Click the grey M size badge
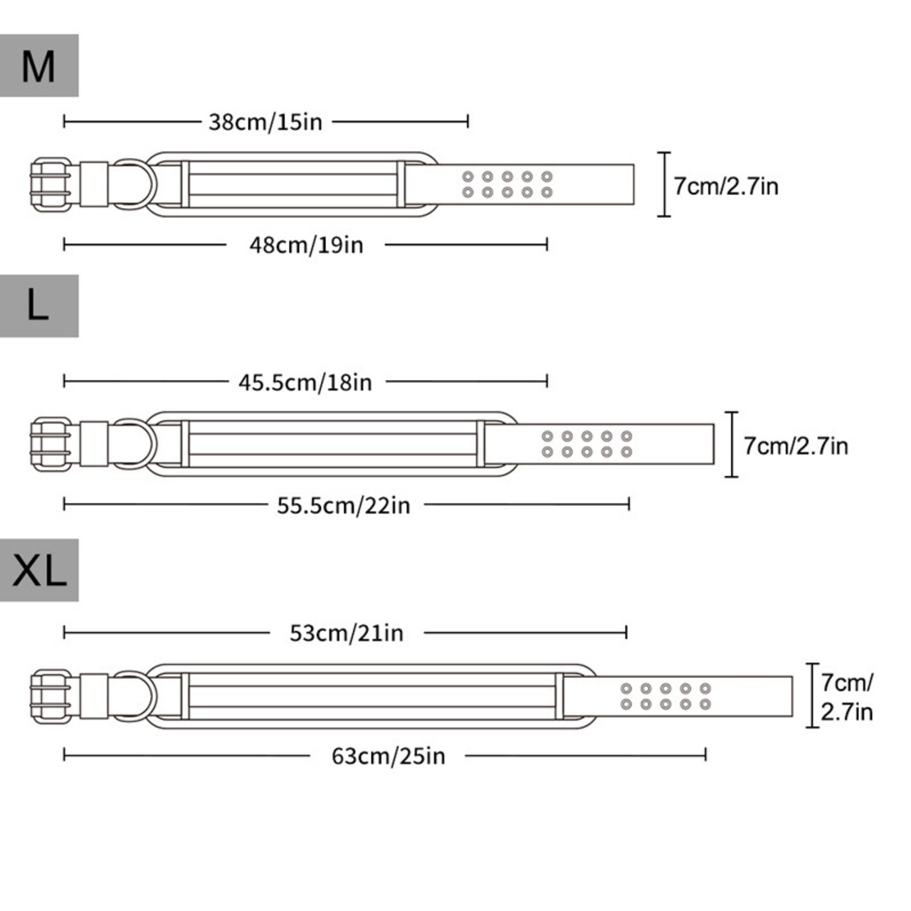[39, 65]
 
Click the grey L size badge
[39, 306]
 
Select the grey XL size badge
[39, 569]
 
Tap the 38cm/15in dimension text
[265, 122]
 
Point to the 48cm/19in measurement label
[306, 245]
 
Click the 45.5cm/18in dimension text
[305, 382]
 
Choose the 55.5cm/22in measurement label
[344, 505]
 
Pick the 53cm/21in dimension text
[347, 633]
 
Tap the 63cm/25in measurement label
[388, 756]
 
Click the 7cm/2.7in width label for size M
[726, 186]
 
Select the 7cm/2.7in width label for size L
[796, 446]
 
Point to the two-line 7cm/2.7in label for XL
[847, 697]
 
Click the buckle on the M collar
[51, 184]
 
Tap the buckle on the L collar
[51, 444]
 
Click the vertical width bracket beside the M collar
[664, 184]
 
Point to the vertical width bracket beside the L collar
[732, 444]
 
